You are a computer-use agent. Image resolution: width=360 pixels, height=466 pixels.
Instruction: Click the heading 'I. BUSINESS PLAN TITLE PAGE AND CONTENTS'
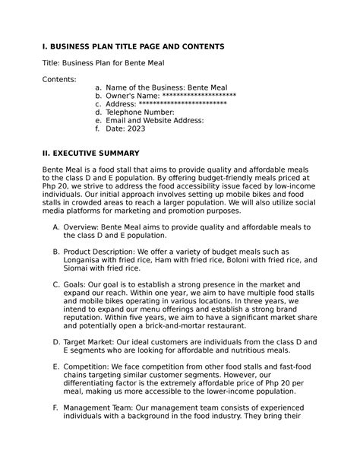pos(133,46)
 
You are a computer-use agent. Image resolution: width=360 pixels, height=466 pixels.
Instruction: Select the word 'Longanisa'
pos(88,259)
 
